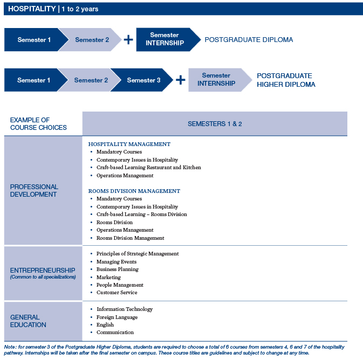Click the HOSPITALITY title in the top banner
(32, 9)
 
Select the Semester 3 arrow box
(142, 80)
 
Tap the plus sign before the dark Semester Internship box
(128, 39)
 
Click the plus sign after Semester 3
(181, 80)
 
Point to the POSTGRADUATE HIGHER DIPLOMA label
(286, 80)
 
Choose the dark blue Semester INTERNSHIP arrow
(168, 39)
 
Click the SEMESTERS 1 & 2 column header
(215, 124)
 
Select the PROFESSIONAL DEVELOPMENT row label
(34, 190)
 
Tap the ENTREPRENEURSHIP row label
(43, 270)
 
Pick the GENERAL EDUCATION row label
(28, 321)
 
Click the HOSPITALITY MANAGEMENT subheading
(129, 144)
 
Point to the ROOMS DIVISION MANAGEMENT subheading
(134, 191)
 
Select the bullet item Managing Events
(117, 262)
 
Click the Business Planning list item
(118, 269)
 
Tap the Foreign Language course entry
(117, 317)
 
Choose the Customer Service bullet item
(117, 293)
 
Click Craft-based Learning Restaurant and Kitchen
(149, 167)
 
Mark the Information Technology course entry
(125, 309)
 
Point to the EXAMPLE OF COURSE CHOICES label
(38, 124)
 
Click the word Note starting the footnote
(10, 347)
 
